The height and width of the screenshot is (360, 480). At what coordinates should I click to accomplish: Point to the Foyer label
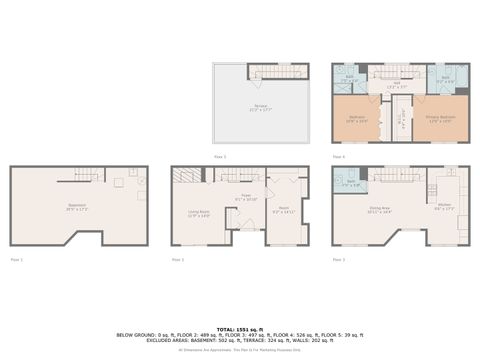pos(246,198)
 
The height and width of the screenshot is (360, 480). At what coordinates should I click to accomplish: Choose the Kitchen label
pos(444,208)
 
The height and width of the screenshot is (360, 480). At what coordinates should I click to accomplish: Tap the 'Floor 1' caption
pos(16,259)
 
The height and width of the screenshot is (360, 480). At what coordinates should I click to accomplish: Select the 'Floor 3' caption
pos(337,259)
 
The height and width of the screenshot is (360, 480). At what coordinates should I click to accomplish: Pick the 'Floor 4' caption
pos(338,156)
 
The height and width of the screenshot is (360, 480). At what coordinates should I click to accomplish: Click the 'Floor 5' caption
pos(220,156)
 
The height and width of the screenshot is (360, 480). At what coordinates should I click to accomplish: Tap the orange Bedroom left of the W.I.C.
pos(358,119)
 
